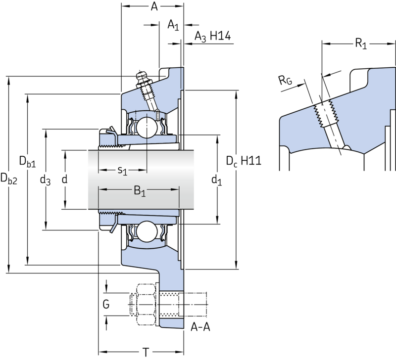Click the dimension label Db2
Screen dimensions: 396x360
click(9, 179)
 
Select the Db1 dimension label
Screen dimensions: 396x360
click(28, 162)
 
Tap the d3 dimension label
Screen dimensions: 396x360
click(46, 180)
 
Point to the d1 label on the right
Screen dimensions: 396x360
click(217, 180)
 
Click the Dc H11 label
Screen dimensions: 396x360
click(244, 161)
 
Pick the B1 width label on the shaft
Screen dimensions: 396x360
click(140, 190)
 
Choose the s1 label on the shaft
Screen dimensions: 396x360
click(122, 171)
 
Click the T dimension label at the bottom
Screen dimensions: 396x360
click(146, 352)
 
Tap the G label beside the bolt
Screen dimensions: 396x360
click(106, 304)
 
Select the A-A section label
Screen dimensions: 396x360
click(200, 327)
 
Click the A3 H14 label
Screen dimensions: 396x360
click(212, 36)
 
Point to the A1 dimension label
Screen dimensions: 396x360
click(173, 25)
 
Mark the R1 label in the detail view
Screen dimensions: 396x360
click(361, 44)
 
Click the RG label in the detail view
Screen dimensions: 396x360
click(286, 80)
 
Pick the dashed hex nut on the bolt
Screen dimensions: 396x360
click(146, 305)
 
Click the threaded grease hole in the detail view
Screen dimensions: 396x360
click(326, 114)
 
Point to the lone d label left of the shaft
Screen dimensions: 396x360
click(65, 180)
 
